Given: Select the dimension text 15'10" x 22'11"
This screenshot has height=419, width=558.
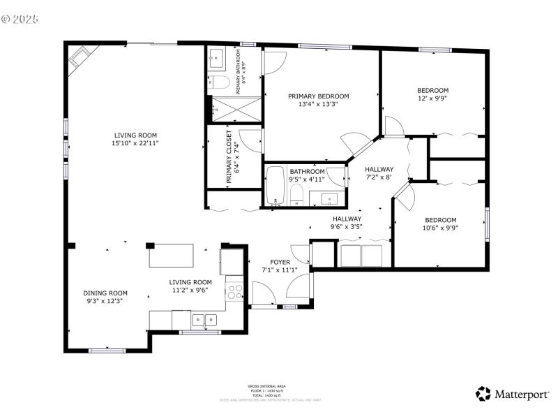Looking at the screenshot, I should [136, 143].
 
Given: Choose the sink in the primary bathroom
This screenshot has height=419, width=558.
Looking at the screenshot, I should [216, 59].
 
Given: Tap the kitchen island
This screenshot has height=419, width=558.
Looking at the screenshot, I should [172, 255].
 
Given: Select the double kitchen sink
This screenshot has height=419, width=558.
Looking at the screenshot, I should [204, 321].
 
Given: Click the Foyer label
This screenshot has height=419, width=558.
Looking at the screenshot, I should [280, 262].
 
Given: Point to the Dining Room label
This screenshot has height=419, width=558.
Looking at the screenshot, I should [105, 293].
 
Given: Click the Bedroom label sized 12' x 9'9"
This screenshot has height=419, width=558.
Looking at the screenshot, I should [432, 90].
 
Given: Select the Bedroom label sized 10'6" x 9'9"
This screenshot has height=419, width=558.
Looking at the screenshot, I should [440, 219].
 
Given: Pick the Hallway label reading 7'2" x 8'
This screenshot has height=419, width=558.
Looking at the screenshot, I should [379, 169].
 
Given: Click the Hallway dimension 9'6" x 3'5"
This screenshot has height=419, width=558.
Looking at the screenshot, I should [347, 226].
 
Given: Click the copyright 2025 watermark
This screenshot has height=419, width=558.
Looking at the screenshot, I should [21, 18].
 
